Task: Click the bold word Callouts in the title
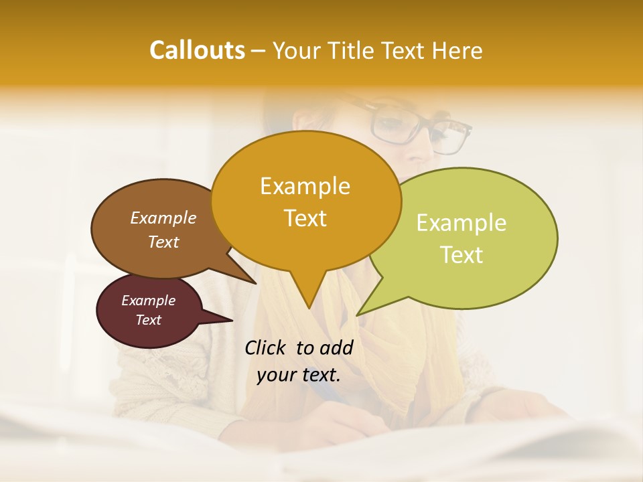(197, 50)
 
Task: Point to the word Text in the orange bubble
(305, 218)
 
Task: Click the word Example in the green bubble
(461, 223)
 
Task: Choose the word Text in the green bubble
(461, 254)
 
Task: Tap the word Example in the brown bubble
(163, 218)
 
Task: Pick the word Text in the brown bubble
(163, 242)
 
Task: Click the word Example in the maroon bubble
(148, 301)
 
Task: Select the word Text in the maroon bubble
(148, 320)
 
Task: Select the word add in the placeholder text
(336, 347)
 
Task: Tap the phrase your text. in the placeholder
(299, 375)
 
